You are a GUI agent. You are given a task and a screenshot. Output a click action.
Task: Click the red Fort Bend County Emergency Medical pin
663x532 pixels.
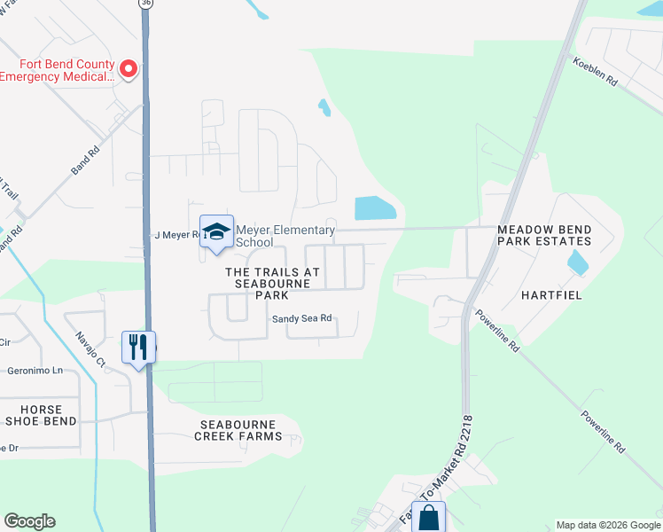coord(129,69)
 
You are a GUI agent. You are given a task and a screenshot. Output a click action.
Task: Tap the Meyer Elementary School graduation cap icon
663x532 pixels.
coord(216,232)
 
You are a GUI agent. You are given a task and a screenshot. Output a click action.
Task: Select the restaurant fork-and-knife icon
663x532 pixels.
coord(137,347)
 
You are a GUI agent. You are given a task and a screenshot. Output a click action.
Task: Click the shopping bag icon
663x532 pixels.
coord(429,518)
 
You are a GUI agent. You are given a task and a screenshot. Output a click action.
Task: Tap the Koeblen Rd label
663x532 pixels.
coord(594,70)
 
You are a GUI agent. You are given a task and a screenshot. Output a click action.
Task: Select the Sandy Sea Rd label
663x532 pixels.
coord(301,318)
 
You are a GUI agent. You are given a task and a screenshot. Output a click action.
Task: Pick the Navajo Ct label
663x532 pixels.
coord(90,350)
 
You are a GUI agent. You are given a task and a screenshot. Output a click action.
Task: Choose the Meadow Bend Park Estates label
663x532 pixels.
coord(543,234)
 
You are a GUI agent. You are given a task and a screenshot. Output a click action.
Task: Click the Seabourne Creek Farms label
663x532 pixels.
coord(240,430)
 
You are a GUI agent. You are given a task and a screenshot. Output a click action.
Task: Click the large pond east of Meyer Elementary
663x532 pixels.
coord(376,208)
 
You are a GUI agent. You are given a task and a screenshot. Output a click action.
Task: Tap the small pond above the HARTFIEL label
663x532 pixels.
coord(577,262)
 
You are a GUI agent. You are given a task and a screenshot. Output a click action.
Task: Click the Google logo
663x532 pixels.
coord(29,521)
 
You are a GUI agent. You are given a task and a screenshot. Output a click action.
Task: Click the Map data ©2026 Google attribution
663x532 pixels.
coord(607,525)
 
